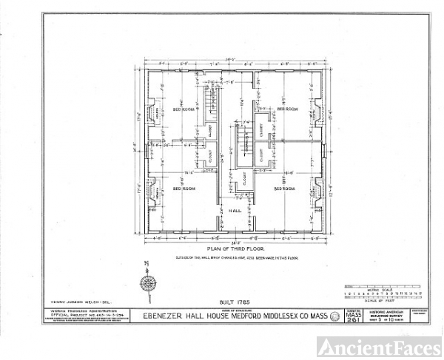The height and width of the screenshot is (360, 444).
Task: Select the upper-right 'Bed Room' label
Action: (x=286, y=109)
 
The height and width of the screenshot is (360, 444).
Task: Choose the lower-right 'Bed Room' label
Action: (x=286, y=189)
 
